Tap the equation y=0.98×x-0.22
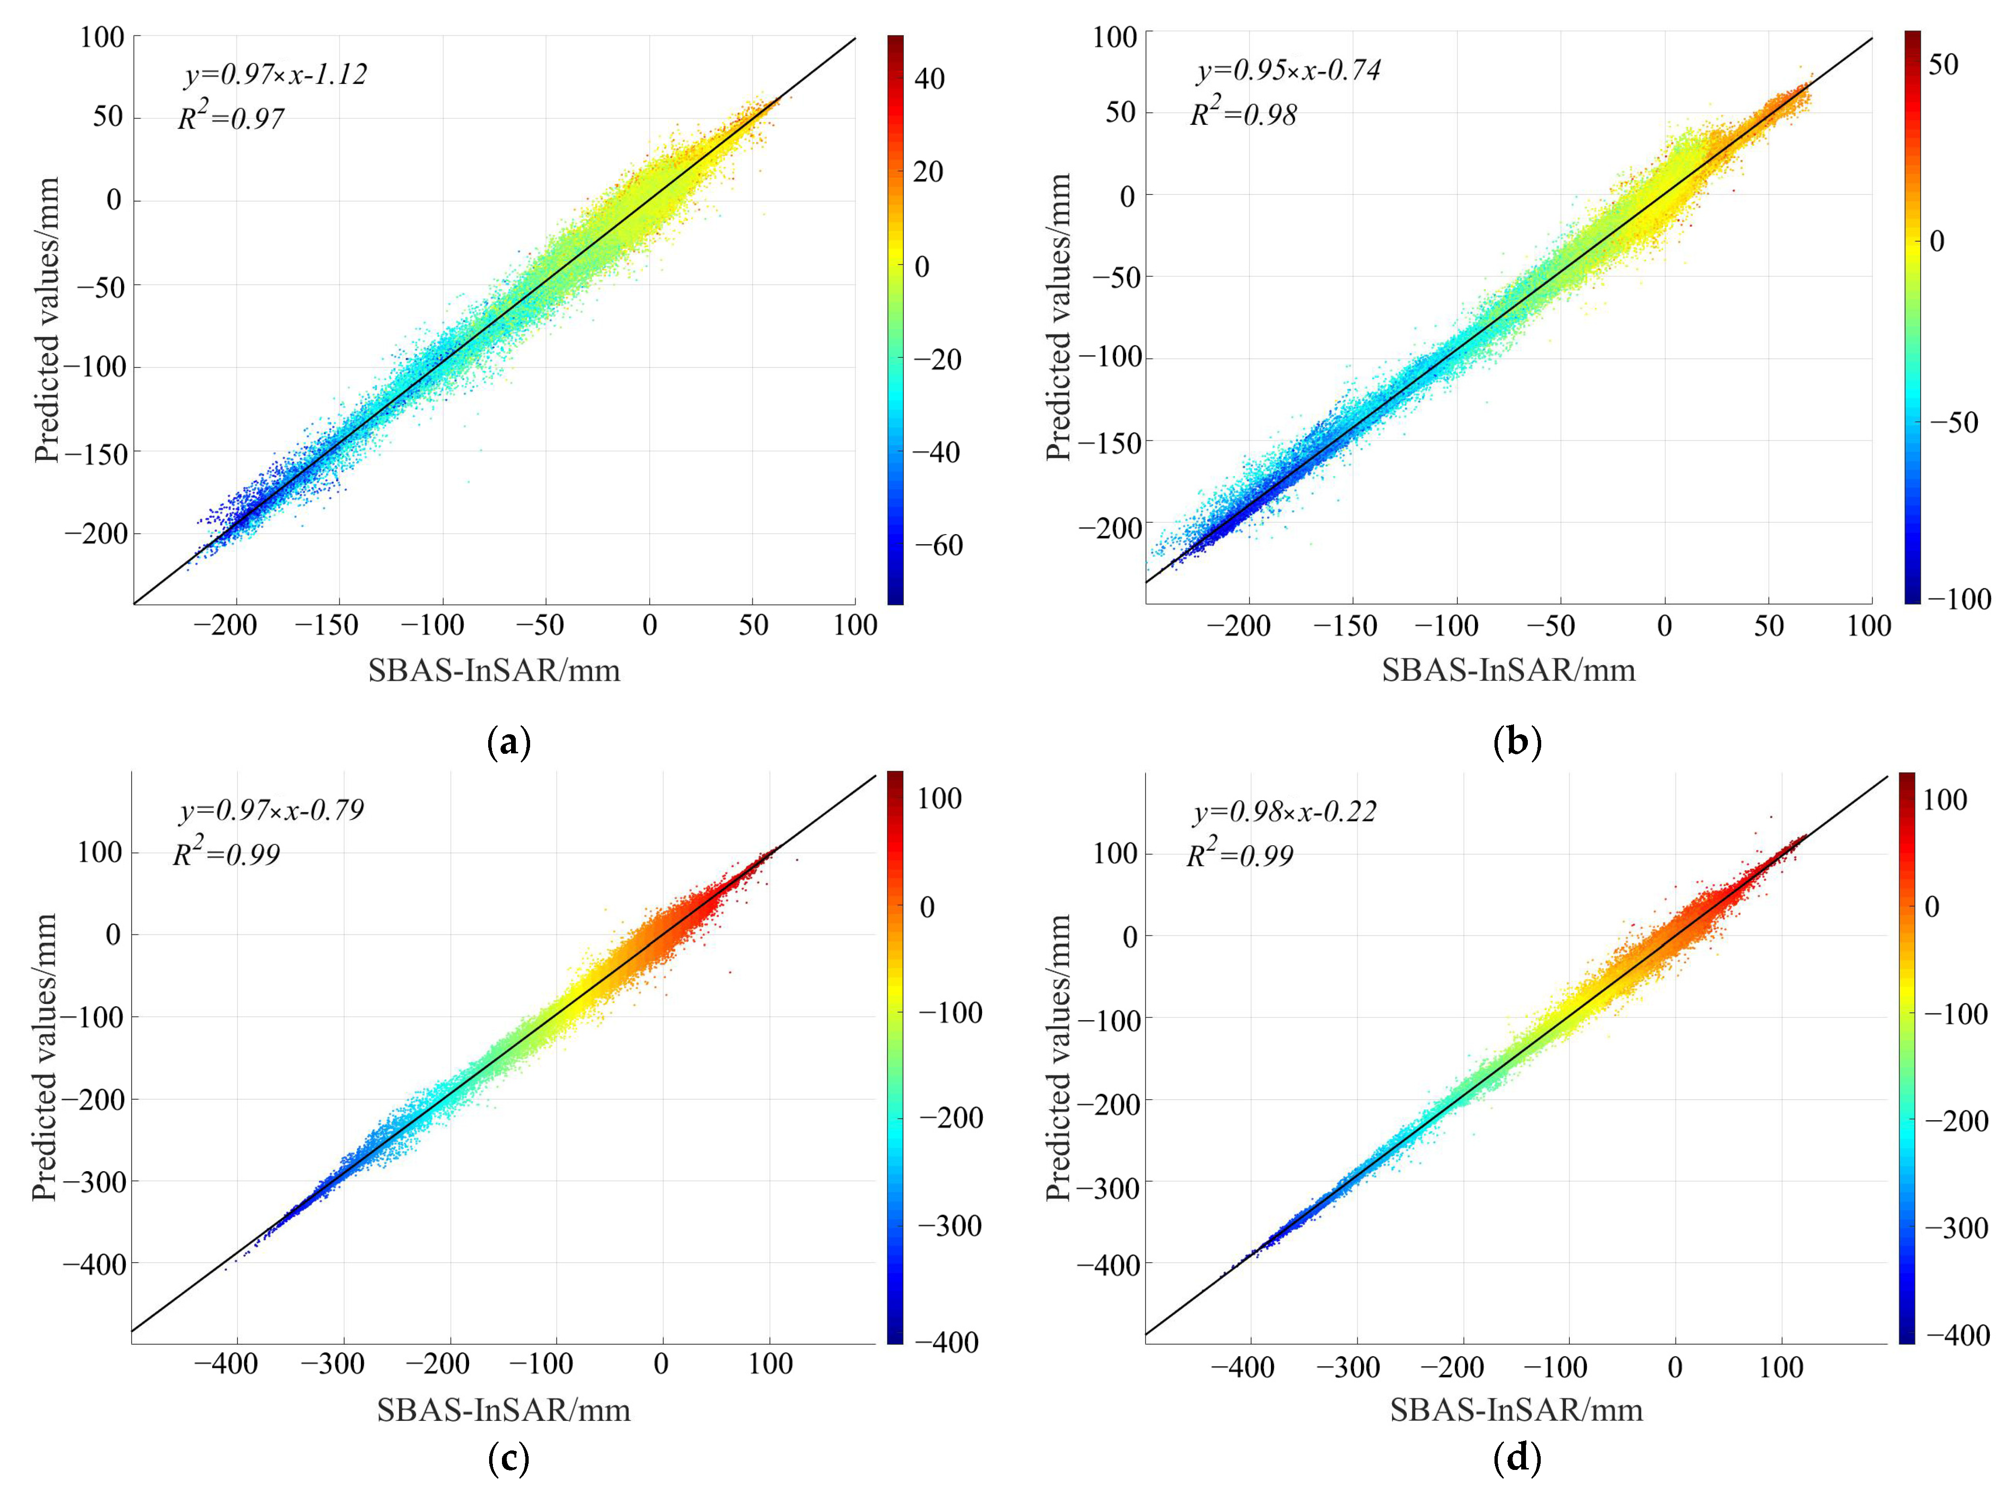coord(1285,812)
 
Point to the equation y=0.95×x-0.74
coord(1289,71)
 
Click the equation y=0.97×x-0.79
coord(271,810)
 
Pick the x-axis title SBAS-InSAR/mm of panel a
coord(494,669)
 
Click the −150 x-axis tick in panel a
coord(328,625)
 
